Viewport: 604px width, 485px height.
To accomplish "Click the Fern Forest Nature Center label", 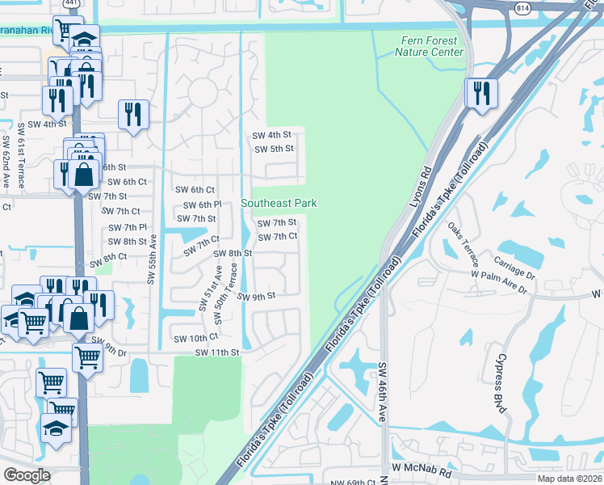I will pyautogui.click(x=429, y=47).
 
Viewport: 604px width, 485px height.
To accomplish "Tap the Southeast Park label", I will pyautogui.click(x=279, y=204).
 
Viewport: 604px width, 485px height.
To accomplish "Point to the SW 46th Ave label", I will pyautogui.click(x=383, y=393).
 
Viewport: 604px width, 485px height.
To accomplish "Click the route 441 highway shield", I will pyautogui.click(x=72, y=5).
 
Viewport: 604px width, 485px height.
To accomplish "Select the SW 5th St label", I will pyautogui.click(x=274, y=149).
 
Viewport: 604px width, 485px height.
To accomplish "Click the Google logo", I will pyautogui.click(x=27, y=475).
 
